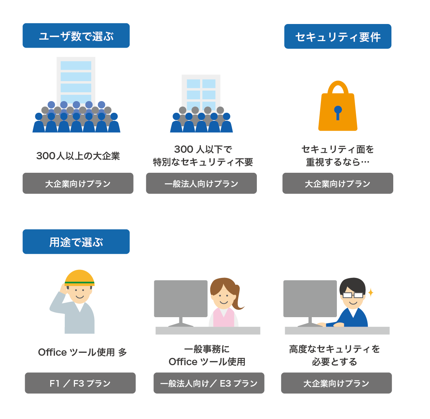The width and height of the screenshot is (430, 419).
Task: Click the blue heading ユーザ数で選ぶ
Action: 76,36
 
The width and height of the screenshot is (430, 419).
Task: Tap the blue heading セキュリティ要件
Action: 338,36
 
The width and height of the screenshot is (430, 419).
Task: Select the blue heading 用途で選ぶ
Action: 76,242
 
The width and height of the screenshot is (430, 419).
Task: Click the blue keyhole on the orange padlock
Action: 338,111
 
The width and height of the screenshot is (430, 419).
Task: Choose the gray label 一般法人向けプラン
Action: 201,183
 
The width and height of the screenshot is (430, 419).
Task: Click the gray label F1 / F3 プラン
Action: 80,383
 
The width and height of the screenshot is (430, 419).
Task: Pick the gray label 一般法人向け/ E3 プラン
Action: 209,383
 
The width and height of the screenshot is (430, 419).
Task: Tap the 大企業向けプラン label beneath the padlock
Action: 338,183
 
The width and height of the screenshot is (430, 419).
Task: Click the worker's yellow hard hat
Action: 80,277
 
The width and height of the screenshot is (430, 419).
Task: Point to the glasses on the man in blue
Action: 353,295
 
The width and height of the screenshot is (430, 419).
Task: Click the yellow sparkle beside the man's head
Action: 371,292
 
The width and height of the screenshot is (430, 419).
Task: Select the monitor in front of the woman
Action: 180,299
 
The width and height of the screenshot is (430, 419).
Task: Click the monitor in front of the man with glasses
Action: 310,299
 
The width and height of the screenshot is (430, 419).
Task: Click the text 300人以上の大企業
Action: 78,156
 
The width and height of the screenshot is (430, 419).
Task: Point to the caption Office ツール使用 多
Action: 82,352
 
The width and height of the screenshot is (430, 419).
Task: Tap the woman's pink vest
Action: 223,318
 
